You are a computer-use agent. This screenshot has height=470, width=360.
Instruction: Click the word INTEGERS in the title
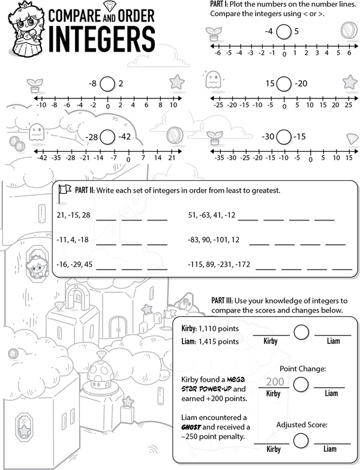[x=103, y=38]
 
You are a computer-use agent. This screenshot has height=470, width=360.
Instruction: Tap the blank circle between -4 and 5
[x=285, y=31]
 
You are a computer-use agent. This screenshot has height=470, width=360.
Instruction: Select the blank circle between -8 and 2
[x=107, y=83]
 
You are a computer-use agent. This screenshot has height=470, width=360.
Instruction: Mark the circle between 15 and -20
[x=284, y=83]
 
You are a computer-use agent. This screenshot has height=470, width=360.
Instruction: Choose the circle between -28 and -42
[x=107, y=137]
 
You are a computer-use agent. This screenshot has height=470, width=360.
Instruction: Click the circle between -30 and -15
[x=284, y=137]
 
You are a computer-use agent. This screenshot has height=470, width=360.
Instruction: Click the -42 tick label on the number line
[x=41, y=158]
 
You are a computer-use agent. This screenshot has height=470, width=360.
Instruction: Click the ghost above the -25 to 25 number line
[x=212, y=78]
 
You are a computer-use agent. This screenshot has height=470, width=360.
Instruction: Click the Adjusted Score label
[x=302, y=424]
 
